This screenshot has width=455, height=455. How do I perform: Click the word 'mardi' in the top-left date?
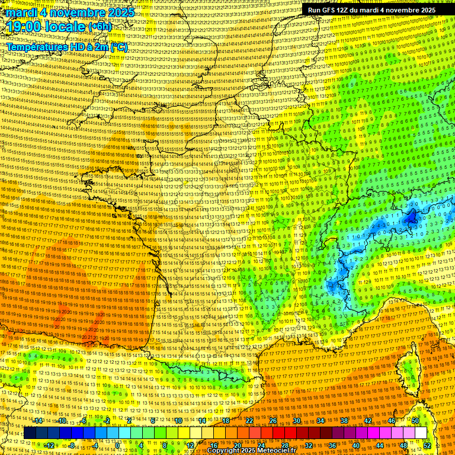(x=20, y=12)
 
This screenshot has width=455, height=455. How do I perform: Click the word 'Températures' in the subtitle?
(x=38, y=46)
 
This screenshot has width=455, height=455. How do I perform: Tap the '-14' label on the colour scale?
(x=38, y=421)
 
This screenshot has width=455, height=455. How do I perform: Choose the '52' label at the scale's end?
(x=427, y=445)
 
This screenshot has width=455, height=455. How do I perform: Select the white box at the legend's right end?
(x=421, y=433)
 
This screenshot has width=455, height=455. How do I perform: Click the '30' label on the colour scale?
(x=296, y=421)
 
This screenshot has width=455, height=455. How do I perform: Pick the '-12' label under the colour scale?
(x=50, y=445)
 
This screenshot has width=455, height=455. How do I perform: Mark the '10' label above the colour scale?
(x=178, y=421)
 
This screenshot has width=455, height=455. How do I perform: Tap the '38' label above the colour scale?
(x=344, y=421)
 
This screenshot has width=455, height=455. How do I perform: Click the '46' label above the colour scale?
(x=391, y=421)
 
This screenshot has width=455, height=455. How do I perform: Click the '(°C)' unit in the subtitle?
(x=117, y=46)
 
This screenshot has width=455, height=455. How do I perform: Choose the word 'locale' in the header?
(x=66, y=27)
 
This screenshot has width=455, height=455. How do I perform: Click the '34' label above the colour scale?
(x=320, y=421)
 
